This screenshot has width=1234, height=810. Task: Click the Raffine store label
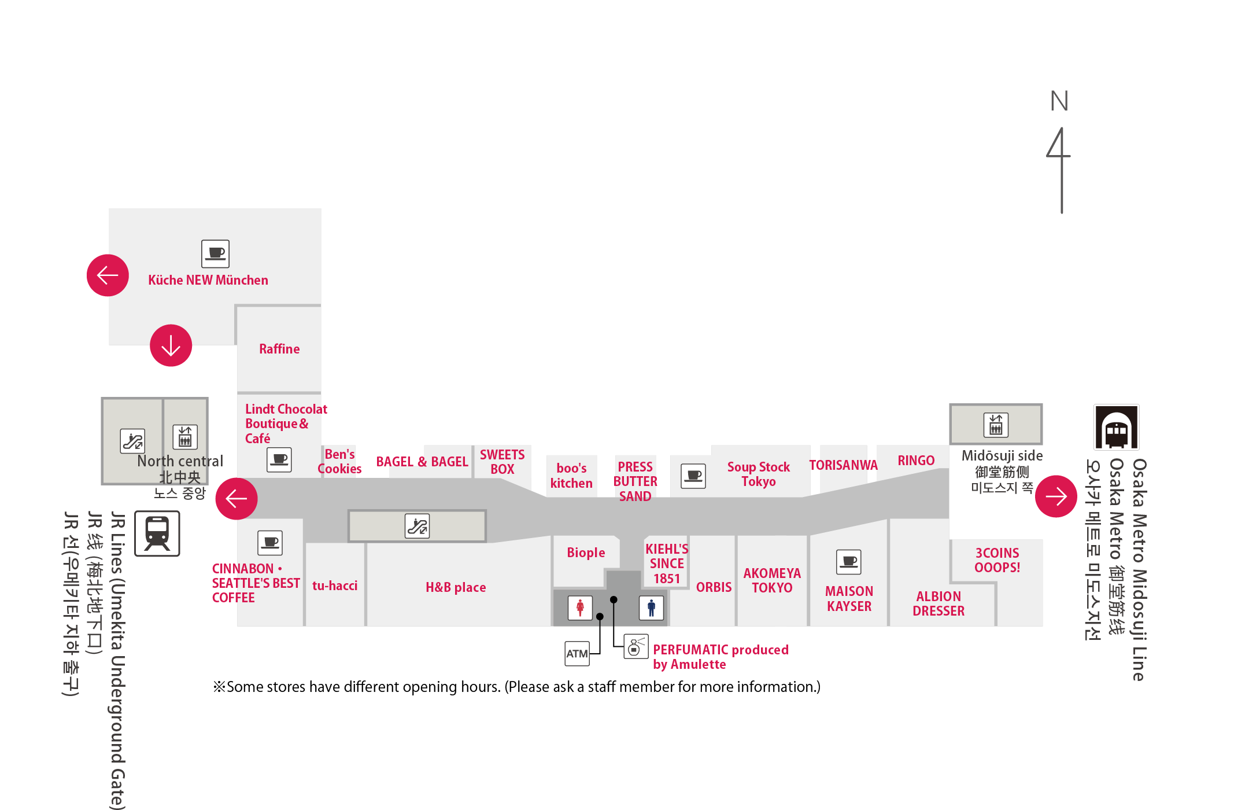(x=279, y=349)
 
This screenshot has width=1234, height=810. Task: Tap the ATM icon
(x=577, y=654)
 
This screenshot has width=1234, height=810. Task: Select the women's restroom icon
(x=580, y=607)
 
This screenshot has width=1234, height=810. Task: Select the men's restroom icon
(x=651, y=607)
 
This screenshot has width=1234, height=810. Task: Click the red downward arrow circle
(x=171, y=345)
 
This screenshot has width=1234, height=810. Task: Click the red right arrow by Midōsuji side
(x=1056, y=496)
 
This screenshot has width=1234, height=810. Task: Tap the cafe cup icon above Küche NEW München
(x=215, y=253)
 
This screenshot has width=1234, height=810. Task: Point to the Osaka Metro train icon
(x=1117, y=427)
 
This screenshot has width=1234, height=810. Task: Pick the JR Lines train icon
(x=157, y=533)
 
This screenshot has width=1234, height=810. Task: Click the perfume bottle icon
(x=636, y=647)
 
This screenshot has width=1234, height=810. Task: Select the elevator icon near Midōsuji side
(x=996, y=425)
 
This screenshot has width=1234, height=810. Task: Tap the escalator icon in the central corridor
(x=417, y=526)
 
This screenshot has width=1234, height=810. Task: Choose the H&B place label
(x=456, y=587)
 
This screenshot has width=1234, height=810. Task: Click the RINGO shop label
(x=916, y=461)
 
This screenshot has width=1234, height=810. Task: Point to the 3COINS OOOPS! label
(x=997, y=560)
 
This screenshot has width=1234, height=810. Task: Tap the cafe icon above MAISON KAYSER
(x=849, y=562)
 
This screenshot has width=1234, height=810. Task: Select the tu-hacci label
(x=335, y=586)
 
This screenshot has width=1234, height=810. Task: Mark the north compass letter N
(x=1059, y=101)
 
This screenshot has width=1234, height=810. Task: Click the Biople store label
(x=586, y=553)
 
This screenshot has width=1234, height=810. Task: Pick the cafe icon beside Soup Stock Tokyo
(x=693, y=476)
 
